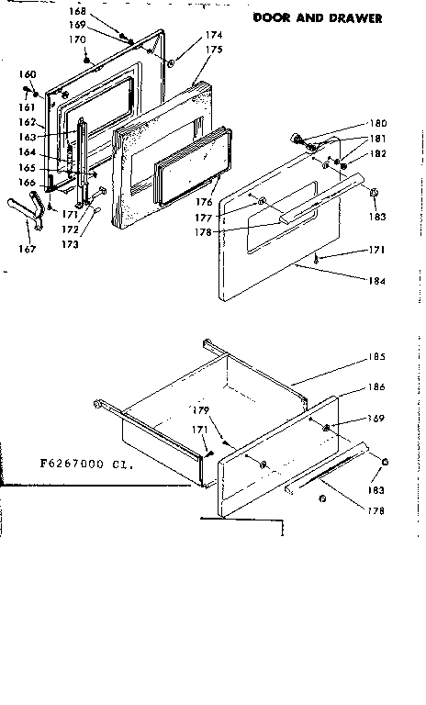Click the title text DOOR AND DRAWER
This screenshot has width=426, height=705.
point(317,17)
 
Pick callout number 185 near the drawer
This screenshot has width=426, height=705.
point(377,357)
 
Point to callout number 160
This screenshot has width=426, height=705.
point(28,73)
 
